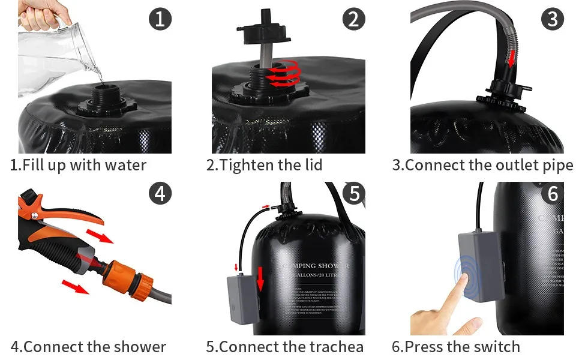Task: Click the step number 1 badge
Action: coord(159,19)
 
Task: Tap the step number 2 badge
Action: coord(353,19)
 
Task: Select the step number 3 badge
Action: coord(552,19)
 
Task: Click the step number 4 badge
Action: coord(159,193)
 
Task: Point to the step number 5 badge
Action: coord(353,193)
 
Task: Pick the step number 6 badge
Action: coord(552,193)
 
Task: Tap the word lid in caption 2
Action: coord(310,165)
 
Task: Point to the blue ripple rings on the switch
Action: coord(471,278)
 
